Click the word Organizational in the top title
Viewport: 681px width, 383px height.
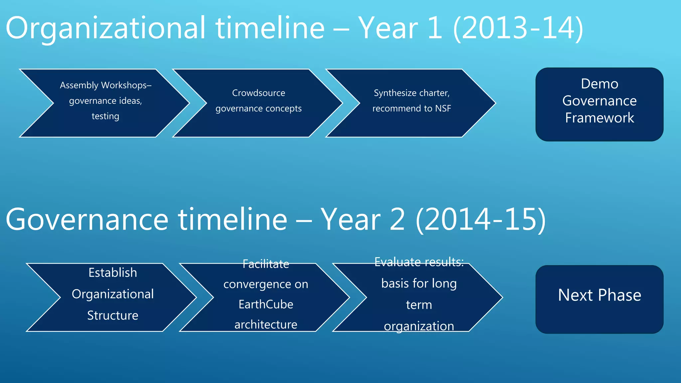(106, 29)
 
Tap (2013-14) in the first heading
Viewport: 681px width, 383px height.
(518, 29)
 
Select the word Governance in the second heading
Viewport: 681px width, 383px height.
(87, 219)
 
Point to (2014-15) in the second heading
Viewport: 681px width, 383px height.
(480, 219)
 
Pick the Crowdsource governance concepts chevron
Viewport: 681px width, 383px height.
(258, 103)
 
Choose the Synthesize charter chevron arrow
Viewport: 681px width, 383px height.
(411, 103)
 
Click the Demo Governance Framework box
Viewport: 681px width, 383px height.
(599, 104)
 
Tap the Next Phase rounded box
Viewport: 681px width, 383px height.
(599, 299)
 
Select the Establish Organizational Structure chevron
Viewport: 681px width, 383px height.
(112, 297)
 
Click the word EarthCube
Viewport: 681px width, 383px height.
(266, 304)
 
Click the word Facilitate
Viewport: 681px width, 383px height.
(266, 264)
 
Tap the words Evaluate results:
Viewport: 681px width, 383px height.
(419, 262)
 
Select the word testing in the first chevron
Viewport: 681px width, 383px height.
(105, 116)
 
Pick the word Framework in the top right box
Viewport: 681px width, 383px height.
(599, 118)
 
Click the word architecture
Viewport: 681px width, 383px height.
(266, 324)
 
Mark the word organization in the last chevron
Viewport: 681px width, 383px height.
(419, 326)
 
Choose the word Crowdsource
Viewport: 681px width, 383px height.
(258, 93)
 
